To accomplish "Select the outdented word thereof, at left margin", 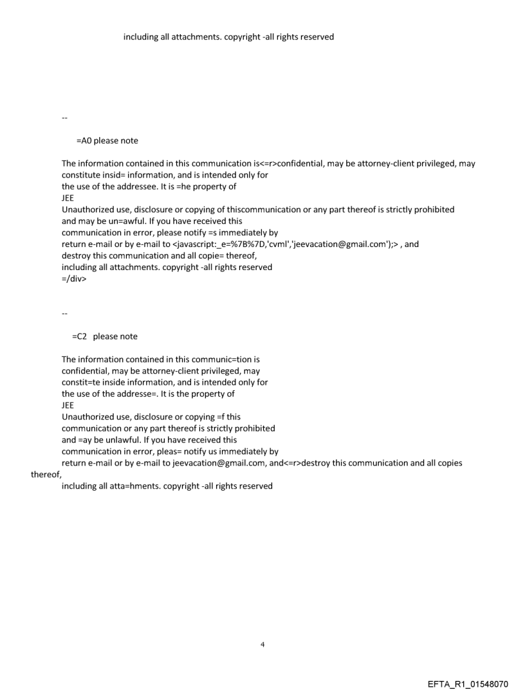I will [x=45, y=475].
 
